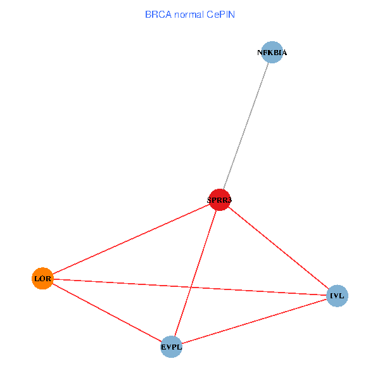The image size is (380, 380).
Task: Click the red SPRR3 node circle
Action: [219, 200]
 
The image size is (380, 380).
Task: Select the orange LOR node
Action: [42, 279]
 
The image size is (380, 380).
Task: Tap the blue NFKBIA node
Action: [272, 53]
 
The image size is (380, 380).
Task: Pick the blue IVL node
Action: [337, 296]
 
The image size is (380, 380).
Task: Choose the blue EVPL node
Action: [171, 346]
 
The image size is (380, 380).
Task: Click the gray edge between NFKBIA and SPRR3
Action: [246, 126]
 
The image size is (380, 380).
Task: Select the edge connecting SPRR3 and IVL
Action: [278, 248]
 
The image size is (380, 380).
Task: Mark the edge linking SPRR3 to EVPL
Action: [195, 274]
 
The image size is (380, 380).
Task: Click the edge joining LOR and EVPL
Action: [106, 312]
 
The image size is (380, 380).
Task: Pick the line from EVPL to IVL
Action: [254, 321]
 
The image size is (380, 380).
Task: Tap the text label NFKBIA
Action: [272, 53]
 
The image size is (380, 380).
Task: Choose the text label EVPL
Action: [171, 347]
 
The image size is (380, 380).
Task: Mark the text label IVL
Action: [337, 296]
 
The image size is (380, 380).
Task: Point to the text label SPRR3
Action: [219, 201]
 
